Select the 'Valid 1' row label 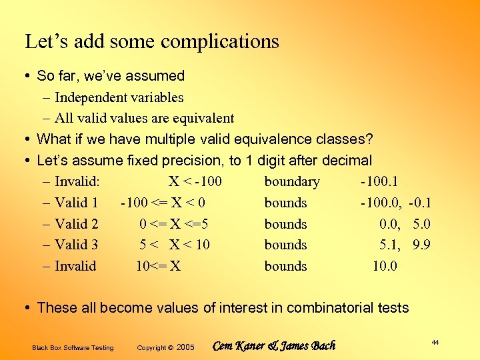[x=76, y=203]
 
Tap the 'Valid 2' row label [x=76, y=224]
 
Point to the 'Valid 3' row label [x=76, y=245]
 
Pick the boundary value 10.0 [x=385, y=266]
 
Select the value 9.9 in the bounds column [x=421, y=245]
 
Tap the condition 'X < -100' [x=195, y=181]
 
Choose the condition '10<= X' [x=158, y=266]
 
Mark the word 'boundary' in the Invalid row [x=292, y=181]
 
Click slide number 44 [x=435, y=342]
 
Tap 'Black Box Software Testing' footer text [x=73, y=347]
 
